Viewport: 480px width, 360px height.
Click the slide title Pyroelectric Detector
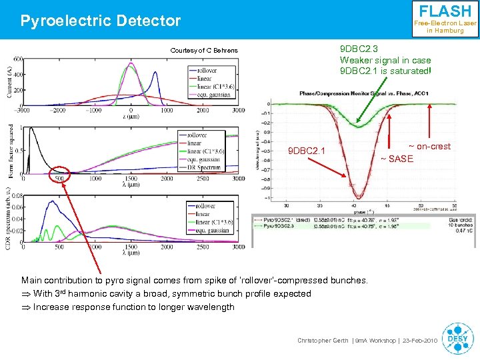101,21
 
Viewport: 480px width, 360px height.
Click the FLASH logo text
445,11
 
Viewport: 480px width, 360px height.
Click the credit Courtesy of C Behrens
204,51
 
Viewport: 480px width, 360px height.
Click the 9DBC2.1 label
306,151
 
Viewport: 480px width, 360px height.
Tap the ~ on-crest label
429,146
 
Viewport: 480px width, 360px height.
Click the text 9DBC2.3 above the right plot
359,49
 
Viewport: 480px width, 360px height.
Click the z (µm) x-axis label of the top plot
131,117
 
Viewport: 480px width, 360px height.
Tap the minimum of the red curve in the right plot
359,197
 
